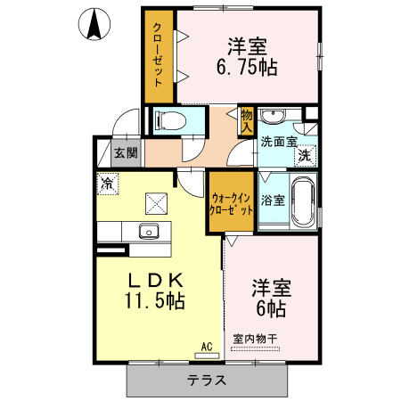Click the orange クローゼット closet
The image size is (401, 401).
[x=159, y=58]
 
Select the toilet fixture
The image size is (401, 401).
[x=170, y=120]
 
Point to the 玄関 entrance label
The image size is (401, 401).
[x=126, y=152]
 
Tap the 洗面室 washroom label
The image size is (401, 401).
[x=277, y=141]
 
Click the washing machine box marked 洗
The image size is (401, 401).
[x=304, y=154]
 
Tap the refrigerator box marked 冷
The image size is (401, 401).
[x=107, y=184]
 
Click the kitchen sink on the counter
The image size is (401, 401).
[x=147, y=233]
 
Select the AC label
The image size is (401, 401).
[x=204, y=346]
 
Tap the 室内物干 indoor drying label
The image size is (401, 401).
[x=254, y=339]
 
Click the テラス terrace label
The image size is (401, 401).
[x=206, y=380]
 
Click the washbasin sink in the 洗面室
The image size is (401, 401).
[x=275, y=118]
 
